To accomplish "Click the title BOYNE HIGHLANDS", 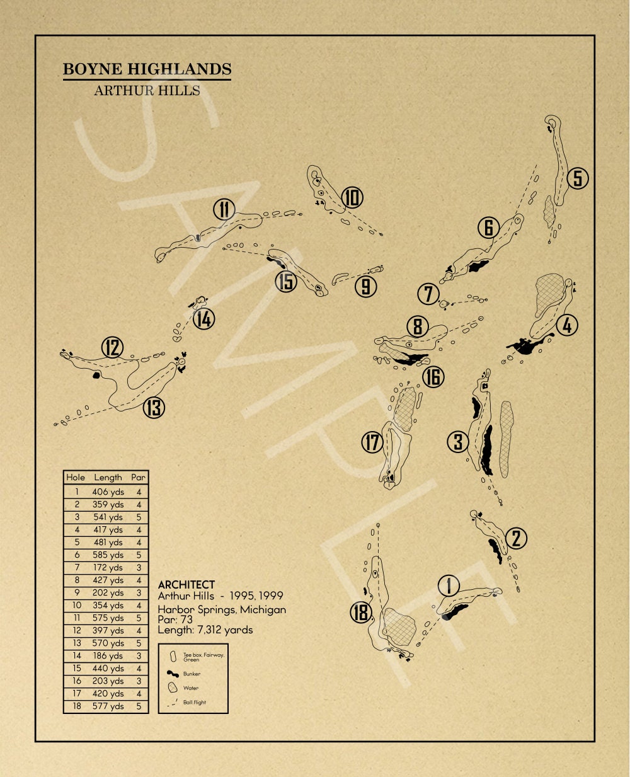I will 147,69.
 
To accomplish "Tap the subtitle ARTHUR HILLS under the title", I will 147,91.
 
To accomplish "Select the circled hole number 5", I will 577,178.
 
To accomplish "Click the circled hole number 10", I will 352,198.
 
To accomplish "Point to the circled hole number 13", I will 154,408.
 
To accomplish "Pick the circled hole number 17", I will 372,442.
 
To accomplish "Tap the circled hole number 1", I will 449,586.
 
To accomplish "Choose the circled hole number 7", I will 428,294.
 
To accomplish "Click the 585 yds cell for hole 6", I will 108,555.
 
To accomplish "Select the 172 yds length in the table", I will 108,568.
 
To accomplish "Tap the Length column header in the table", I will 108,478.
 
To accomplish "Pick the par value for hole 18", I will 139,706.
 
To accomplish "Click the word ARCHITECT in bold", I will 186,585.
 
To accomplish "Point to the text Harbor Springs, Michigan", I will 222,609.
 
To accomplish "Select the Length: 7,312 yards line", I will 205,630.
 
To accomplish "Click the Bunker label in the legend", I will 192,674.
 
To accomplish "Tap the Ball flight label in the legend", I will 195,702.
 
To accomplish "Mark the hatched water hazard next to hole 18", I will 399,626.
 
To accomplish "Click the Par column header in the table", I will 139,478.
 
